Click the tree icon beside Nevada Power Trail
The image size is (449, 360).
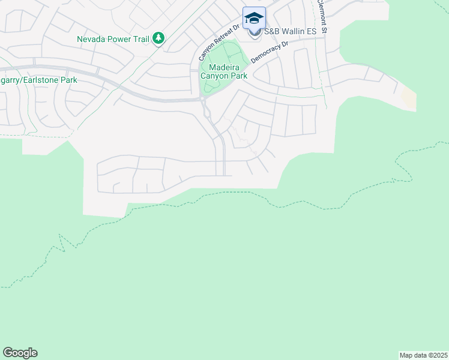(158, 39)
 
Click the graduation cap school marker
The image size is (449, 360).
(254, 17)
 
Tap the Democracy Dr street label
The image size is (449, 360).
(270, 52)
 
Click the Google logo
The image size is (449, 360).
(20, 353)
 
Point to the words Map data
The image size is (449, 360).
(412, 355)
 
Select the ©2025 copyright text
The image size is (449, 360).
(436, 355)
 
